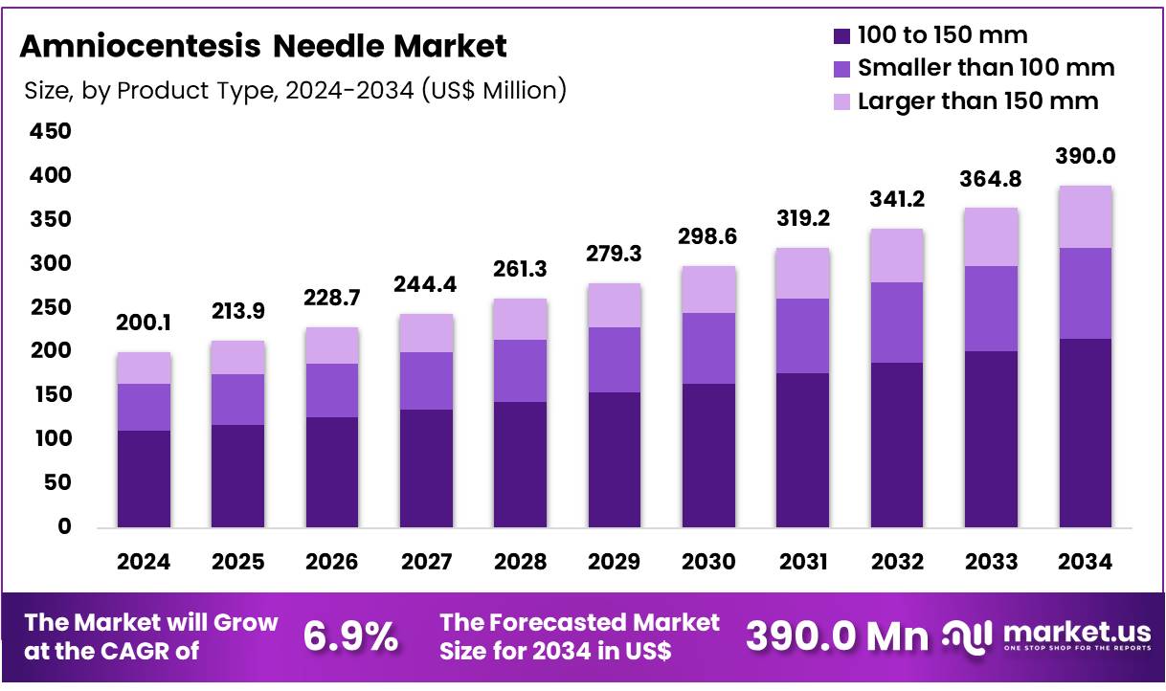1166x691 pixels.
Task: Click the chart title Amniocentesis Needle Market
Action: [x=263, y=45]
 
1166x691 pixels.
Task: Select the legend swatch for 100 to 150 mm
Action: [x=841, y=37]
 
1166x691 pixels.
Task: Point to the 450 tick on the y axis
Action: [x=52, y=131]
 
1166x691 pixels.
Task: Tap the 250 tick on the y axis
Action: [x=52, y=307]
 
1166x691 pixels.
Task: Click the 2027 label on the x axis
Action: [x=426, y=563]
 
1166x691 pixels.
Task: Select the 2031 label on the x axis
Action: [x=802, y=563]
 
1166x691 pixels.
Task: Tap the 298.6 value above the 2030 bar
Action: [x=708, y=237]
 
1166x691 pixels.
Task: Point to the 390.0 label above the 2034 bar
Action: [x=1085, y=156]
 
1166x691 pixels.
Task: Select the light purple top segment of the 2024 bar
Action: [x=144, y=368]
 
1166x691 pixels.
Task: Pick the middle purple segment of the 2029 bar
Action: [x=615, y=360]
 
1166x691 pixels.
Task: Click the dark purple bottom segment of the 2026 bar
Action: [x=332, y=472]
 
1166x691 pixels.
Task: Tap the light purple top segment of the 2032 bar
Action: [x=896, y=256]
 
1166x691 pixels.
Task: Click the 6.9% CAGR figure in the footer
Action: [x=350, y=636]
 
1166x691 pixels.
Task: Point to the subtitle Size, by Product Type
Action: [x=295, y=91]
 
